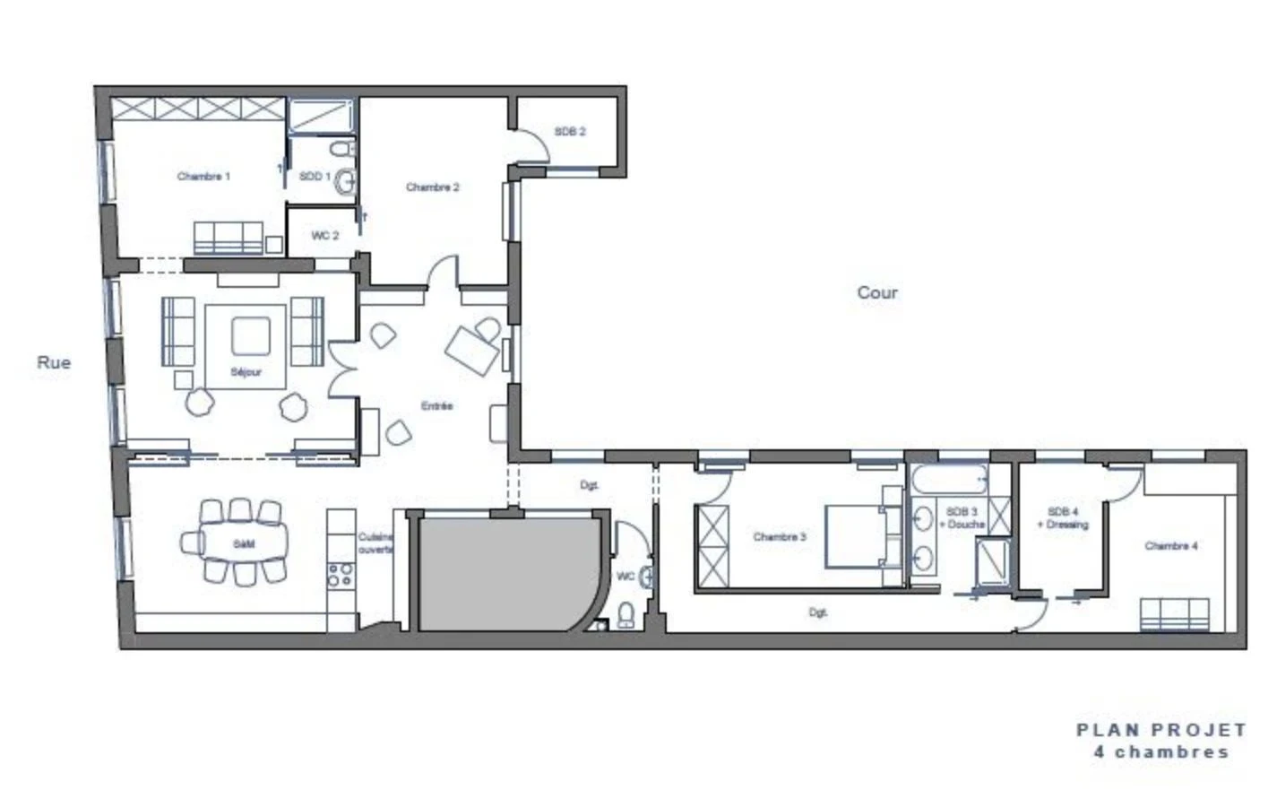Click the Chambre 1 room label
[x=203, y=177]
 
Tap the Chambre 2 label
[x=432, y=187]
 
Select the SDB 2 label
[x=570, y=132]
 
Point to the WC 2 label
[x=325, y=236]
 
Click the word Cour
[x=876, y=292]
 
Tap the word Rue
[x=54, y=363]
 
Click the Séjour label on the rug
[x=246, y=372]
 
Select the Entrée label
[x=436, y=406]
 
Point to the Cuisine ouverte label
[x=375, y=543]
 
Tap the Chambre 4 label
[x=1170, y=546]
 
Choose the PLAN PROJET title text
[x=1161, y=731]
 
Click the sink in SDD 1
[x=345, y=182]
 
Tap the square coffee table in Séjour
[x=250, y=336]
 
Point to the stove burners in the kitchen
[x=340, y=574]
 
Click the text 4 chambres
[x=1161, y=752]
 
